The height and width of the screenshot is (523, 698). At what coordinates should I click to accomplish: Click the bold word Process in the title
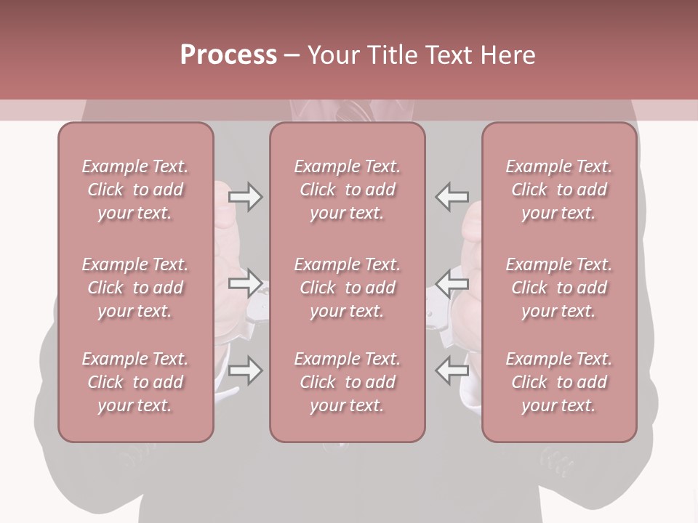pos(228,55)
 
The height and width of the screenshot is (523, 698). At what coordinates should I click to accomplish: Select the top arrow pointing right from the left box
pos(245,196)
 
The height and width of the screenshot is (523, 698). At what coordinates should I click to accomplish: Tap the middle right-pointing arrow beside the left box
pos(245,283)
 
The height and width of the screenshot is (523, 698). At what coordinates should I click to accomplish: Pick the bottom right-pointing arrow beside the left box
pos(245,370)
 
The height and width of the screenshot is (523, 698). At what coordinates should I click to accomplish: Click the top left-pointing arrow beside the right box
pos(452,196)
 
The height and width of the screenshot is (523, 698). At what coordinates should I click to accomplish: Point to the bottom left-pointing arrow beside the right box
pos(452,370)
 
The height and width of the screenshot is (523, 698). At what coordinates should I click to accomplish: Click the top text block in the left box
pos(135,190)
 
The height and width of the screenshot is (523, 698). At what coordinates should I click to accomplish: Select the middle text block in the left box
pos(135,288)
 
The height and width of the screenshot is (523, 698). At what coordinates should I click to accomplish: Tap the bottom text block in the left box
pos(135,382)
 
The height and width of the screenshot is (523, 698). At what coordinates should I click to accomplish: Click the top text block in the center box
pos(348,190)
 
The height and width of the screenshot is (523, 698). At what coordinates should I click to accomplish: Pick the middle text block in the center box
pos(348,288)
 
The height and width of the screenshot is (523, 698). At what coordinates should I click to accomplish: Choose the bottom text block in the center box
pos(348,382)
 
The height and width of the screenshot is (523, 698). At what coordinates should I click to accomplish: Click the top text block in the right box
pos(559,190)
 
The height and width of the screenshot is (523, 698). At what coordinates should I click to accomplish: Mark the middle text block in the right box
pos(559,288)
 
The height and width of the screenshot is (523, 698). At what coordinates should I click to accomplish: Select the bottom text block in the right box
pos(559,382)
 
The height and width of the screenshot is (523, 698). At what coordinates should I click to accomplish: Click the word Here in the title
pos(510,55)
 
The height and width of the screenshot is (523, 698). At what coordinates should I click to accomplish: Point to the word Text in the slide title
pos(451,55)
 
